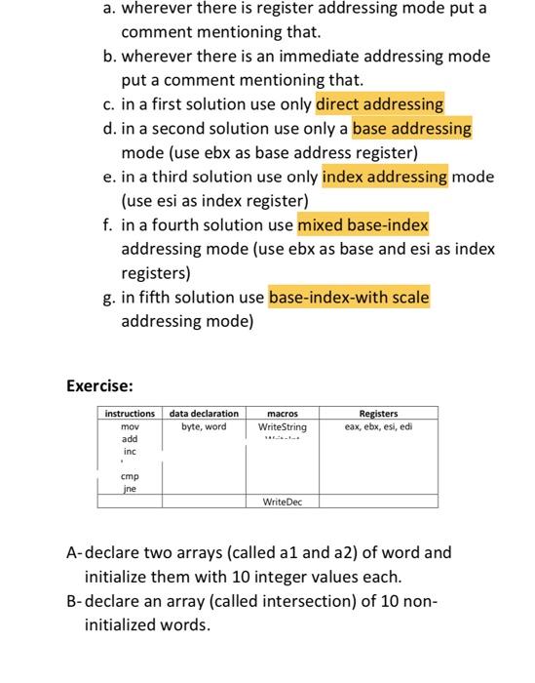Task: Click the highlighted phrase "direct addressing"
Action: (x=380, y=103)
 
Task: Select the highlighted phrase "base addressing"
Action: (x=411, y=128)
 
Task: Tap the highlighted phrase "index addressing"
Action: (x=384, y=177)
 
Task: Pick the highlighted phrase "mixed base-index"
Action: (x=363, y=225)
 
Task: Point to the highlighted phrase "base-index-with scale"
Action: (x=348, y=297)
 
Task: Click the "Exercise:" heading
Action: (x=99, y=385)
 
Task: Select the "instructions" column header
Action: (x=130, y=415)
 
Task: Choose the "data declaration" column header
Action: (x=204, y=415)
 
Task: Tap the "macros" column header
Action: (x=282, y=415)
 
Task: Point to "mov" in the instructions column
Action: (x=129, y=427)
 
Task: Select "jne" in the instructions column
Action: (x=129, y=489)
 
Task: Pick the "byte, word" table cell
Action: (x=204, y=427)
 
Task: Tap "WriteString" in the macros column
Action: (x=282, y=427)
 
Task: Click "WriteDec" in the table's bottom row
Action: (x=282, y=502)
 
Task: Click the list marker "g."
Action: (x=111, y=297)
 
